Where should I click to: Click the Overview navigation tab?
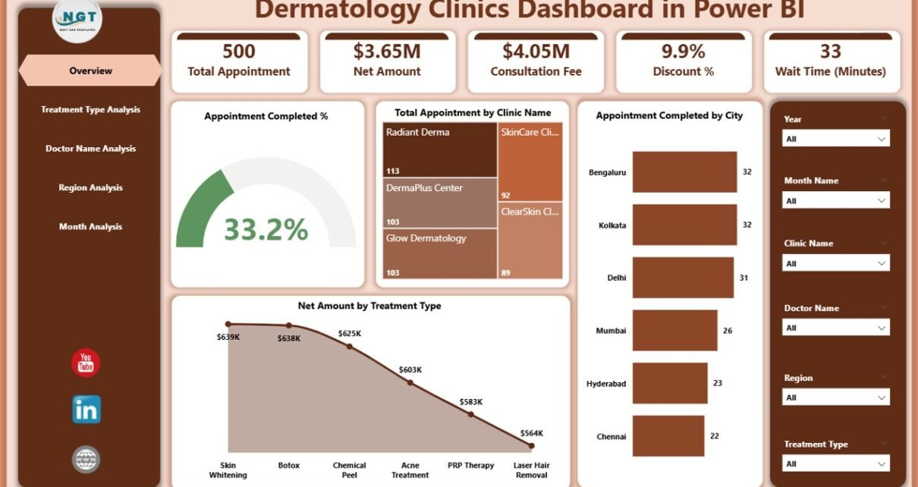pyautogui.click(x=90, y=71)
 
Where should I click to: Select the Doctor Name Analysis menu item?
pyautogui.click(x=90, y=149)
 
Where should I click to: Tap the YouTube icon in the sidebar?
pyautogui.click(x=86, y=363)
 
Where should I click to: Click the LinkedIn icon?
pyautogui.click(x=86, y=410)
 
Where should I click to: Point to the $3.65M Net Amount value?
pyautogui.click(x=387, y=52)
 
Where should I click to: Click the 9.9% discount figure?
pyautogui.click(x=683, y=52)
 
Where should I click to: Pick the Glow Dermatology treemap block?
pyautogui.click(x=439, y=253)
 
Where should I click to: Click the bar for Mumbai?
pyautogui.click(x=674, y=330)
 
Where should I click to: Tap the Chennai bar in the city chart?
pyautogui.click(x=668, y=436)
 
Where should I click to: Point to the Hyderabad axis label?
pyautogui.click(x=606, y=384)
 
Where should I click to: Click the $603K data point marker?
pyautogui.click(x=410, y=382)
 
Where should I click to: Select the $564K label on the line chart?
pyautogui.click(x=531, y=433)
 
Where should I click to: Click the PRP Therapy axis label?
pyautogui.click(x=470, y=465)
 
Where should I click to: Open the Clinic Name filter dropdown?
pyautogui.click(x=835, y=263)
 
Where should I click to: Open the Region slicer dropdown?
pyautogui.click(x=835, y=397)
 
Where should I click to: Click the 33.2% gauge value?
pyautogui.click(x=266, y=229)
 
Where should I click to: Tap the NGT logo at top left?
pyautogui.click(x=77, y=19)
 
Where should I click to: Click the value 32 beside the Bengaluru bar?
pyautogui.click(x=747, y=172)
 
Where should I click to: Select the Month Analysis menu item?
pyautogui.click(x=90, y=227)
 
